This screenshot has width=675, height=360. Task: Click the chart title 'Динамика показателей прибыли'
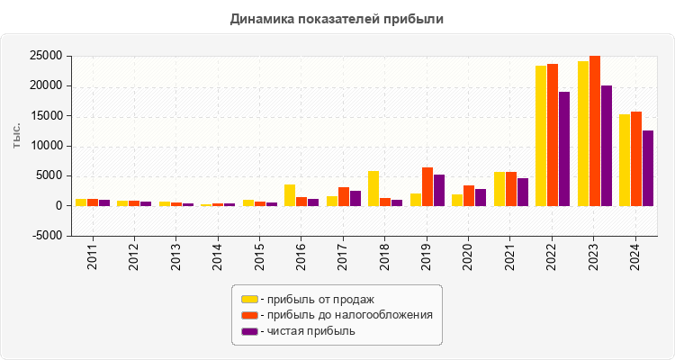click(x=337, y=18)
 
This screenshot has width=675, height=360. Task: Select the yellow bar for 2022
click(x=541, y=135)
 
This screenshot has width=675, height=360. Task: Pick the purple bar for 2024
click(x=648, y=168)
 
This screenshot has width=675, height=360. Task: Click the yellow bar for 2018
click(x=373, y=188)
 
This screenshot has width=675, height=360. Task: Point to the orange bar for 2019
click(x=427, y=186)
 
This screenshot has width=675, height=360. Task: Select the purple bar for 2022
click(x=564, y=148)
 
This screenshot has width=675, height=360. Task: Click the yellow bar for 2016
click(x=290, y=195)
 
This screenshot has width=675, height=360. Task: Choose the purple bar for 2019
click(x=439, y=190)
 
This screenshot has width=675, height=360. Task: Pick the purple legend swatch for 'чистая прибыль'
click(x=249, y=331)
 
